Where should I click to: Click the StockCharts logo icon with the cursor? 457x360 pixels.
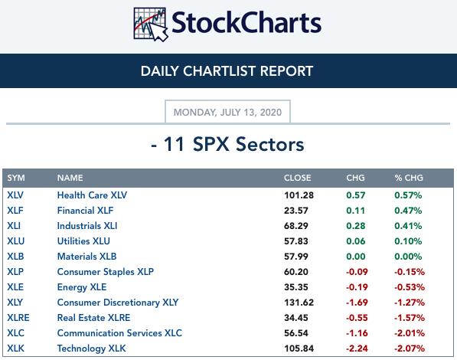(x=151, y=25)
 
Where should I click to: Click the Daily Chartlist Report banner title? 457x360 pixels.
(x=227, y=71)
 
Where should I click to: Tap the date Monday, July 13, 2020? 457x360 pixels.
(x=227, y=113)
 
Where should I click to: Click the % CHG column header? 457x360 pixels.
(x=409, y=178)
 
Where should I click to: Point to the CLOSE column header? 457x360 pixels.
(x=298, y=178)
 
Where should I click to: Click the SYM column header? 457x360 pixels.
(x=16, y=178)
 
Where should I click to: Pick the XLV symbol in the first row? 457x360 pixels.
(x=15, y=195)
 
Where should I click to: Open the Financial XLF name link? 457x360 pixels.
(x=86, y=211)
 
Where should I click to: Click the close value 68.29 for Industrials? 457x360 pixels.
(x=296, y=226)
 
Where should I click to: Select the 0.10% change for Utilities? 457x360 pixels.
(x=408, y=241)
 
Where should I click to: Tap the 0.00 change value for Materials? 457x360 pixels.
(x=356, y=257)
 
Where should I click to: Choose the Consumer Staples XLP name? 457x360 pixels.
(x=106, y=272)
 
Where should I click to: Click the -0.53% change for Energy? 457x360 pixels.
(x=410, y=287)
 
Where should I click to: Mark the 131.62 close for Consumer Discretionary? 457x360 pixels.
(x=299, y=303)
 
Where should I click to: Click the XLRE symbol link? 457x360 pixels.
(x=18, y=318)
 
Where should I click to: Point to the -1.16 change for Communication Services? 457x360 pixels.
(x=357, y=333)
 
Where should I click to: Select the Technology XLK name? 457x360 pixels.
(x=92, y=349)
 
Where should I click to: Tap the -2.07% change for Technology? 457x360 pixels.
(x=410, y=349)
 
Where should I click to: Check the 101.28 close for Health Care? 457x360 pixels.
(x=299, y=195)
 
